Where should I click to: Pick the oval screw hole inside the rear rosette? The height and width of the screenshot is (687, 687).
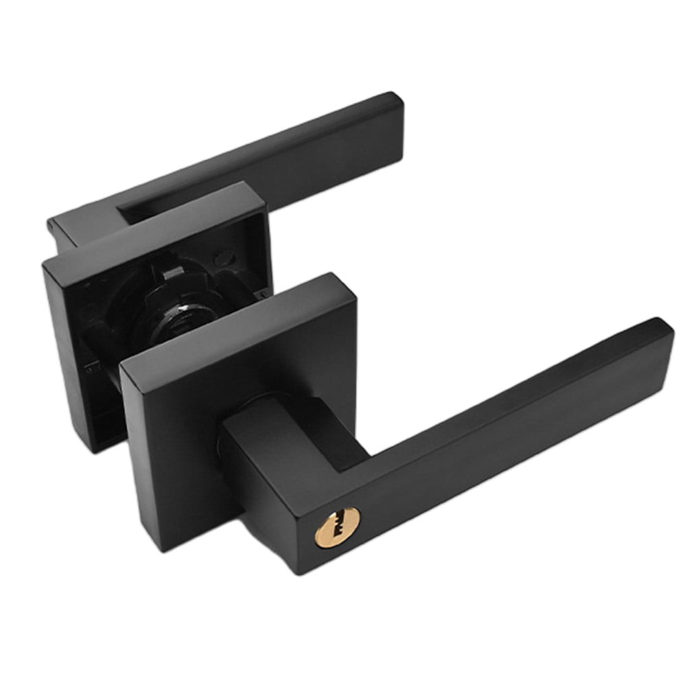click(224, 259)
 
